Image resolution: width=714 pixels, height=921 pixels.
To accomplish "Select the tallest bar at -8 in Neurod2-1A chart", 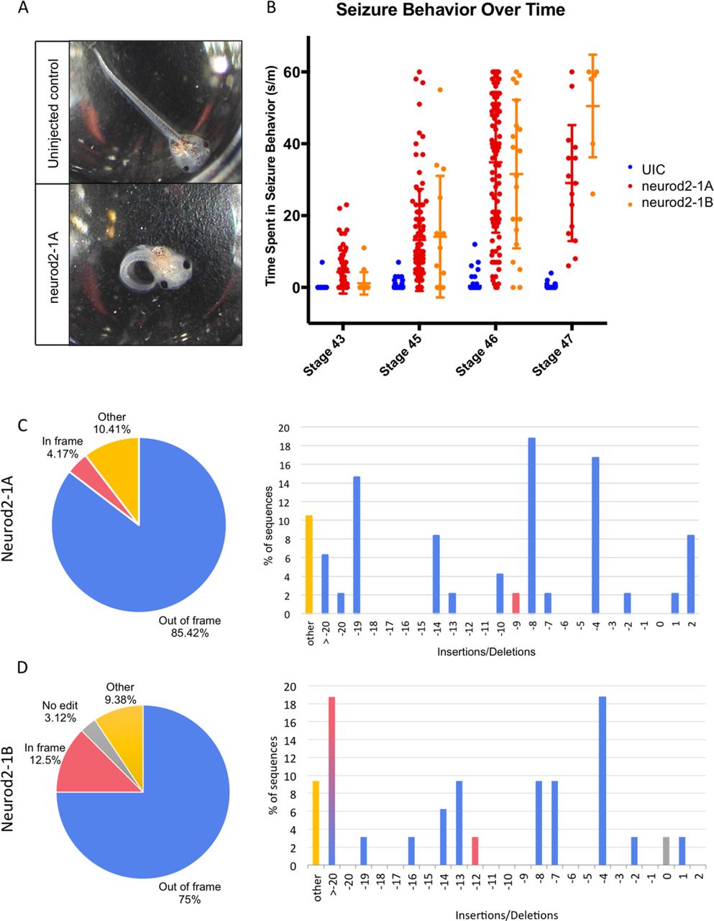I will (x=532, y=526).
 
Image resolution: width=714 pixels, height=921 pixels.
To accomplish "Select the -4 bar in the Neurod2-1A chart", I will (x=595, y=535).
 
